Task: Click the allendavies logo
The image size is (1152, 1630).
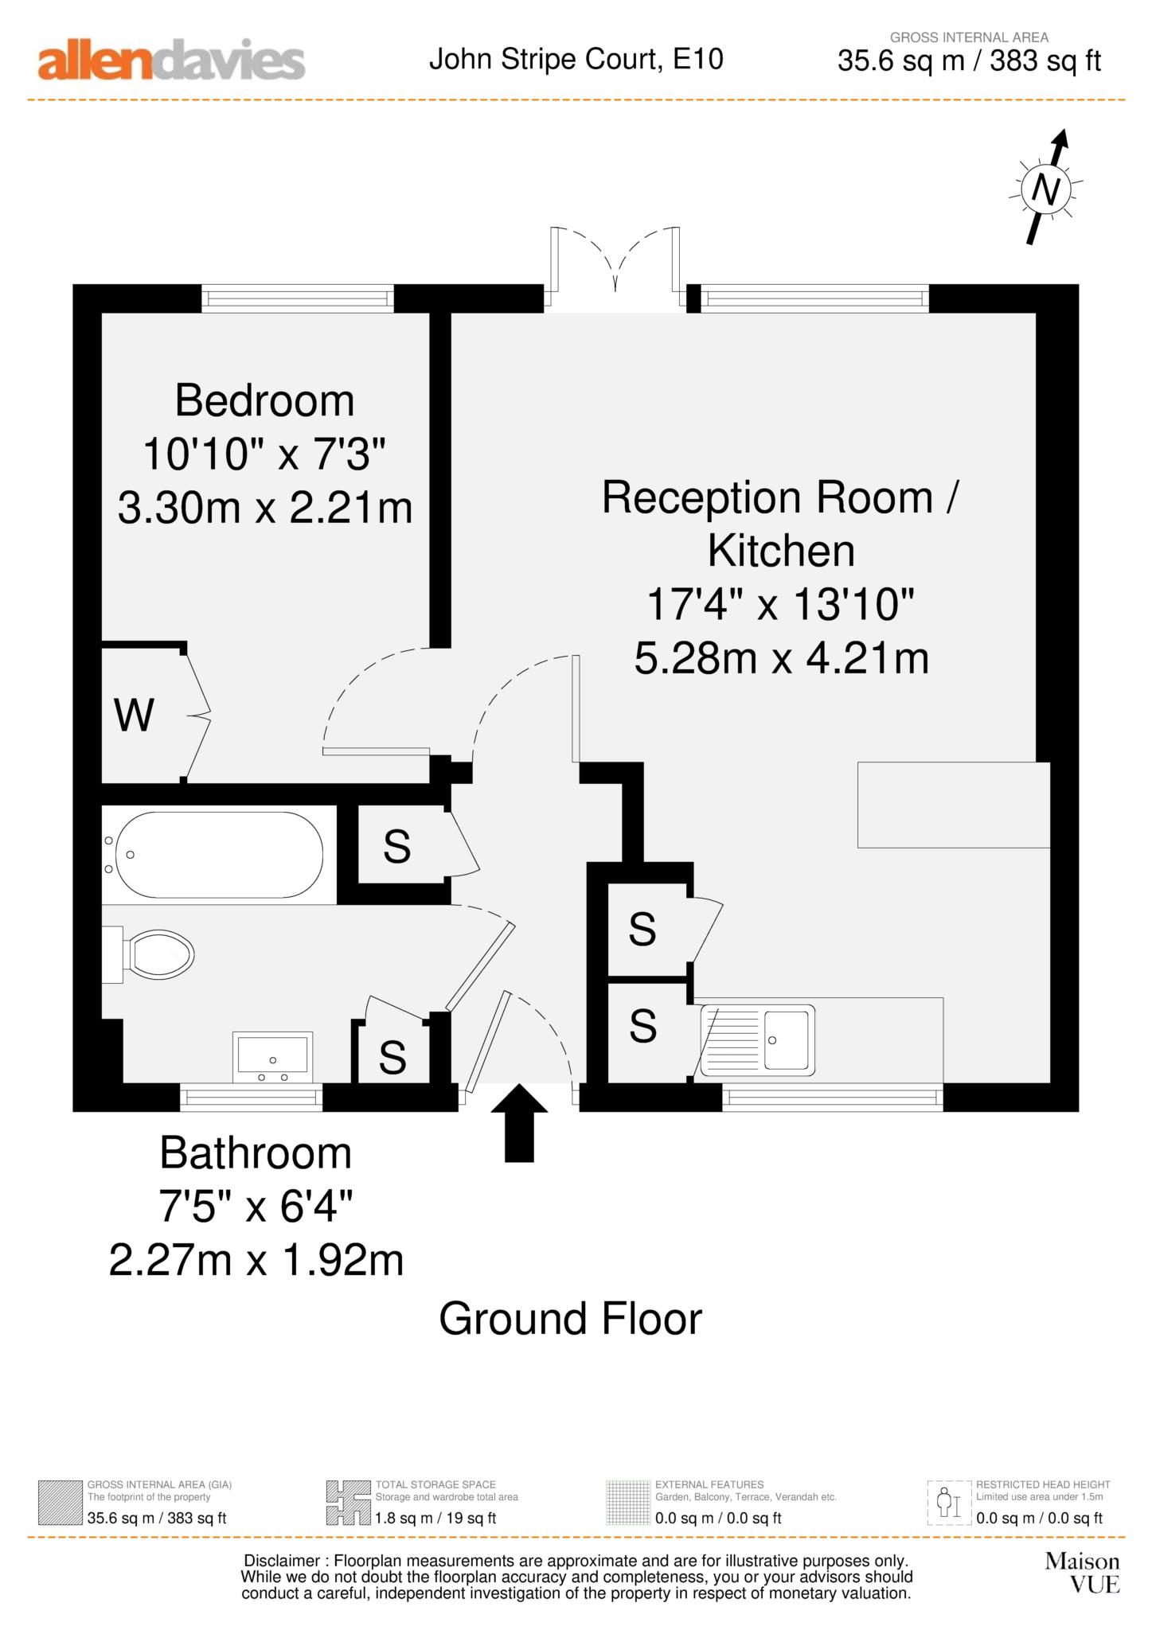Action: [171, 60]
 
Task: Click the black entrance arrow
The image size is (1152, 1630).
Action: [519, 1122]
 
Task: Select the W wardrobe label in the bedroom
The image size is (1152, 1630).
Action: [134, 716]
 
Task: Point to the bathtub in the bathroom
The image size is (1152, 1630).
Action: [218, 855]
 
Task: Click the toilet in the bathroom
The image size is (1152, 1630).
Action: [159, 953]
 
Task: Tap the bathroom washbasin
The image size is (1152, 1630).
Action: [272, 1056]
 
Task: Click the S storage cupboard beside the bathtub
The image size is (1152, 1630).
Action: [397, 846]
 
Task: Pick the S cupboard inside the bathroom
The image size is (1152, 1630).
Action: [392, 1057]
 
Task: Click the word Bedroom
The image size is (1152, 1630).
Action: [264, 400]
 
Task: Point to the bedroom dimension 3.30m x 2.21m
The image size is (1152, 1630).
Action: [265, 508]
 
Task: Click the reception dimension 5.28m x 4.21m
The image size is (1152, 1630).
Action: [781, 659]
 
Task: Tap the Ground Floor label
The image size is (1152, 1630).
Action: [570, 1319]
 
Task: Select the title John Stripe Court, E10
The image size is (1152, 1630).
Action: [576, 59]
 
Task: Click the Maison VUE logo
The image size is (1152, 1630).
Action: [1082, 1572]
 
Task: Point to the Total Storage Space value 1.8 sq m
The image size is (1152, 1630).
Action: [435, 1518]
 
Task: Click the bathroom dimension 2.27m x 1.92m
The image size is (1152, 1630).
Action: [256, 1260]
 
